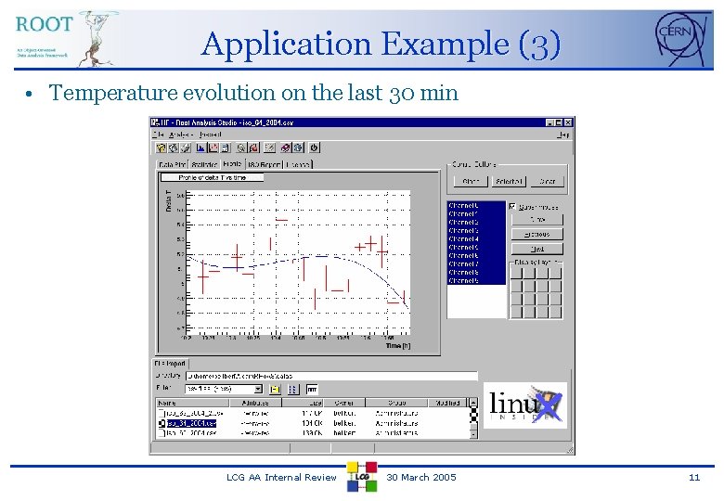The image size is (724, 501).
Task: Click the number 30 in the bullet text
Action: pyautogui.click(x=403, y=93)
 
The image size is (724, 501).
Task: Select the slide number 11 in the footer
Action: pyautogui.click(x=693, y=477)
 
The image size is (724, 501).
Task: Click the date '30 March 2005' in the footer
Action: pyautogui.click(x=421, y=477)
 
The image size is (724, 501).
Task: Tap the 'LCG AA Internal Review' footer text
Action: pyautogui.click(x=281, y=477)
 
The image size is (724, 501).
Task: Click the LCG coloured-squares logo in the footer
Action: pyautogui.click(x=361, y=475)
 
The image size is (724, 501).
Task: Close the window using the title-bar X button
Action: pyautogui.click(x=568, y=122)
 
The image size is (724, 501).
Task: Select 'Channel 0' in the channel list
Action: pyautogui.click(x=464, y=206)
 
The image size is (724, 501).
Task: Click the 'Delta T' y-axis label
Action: pyautogui.click(x=168, y=200)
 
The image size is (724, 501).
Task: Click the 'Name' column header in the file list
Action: pyautogui.click(x=167, y=403)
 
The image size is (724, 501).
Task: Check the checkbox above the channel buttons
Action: pyautogui.click(x=512, y=206)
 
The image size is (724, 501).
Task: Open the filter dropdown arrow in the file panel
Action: pyautogui.click(x=259, y=389)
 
